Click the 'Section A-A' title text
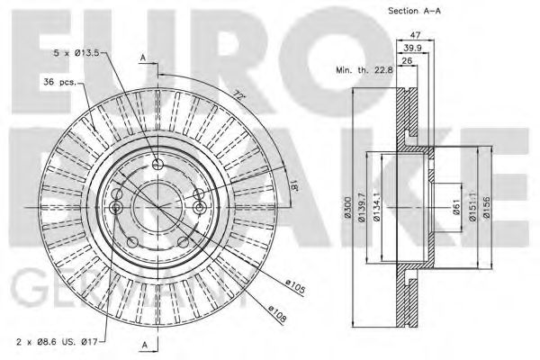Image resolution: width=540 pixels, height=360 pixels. (x=416, y=11)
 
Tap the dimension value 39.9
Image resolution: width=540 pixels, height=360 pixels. (x=411, y=48)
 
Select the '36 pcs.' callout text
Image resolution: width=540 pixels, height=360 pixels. (x=61, y=84)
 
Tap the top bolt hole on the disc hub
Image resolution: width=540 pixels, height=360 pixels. (x=158, y=164)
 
